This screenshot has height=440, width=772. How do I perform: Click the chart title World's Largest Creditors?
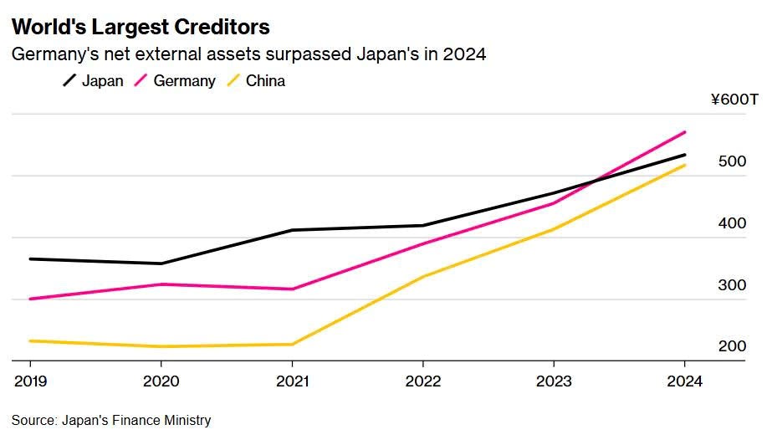(x=141, y=27)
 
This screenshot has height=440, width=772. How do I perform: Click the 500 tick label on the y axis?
(x=732, y=161)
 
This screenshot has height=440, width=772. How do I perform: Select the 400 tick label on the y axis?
(x=732, y=223)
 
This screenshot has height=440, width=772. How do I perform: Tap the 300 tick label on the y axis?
(x=732, y=285)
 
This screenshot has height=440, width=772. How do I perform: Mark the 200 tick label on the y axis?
(x=732, y=346)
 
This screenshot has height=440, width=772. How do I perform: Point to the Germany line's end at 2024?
(x=685, y=132)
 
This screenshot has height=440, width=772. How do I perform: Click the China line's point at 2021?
(x=292, y=344)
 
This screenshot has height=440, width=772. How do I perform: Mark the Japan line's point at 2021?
(x=292, y=230)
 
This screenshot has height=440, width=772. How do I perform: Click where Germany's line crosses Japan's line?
(x=596, y=180)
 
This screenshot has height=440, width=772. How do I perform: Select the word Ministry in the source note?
(x=188, y=421)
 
